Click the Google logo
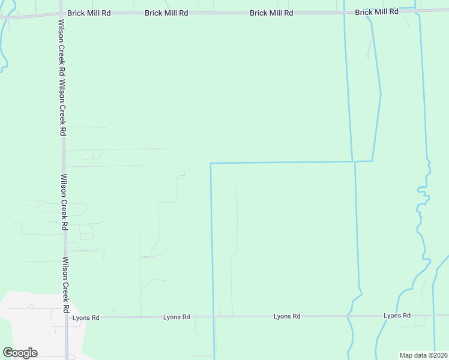[20, 353]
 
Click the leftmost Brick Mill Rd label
[89, 13]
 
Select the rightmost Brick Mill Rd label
[376, 12]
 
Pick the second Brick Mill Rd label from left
[166, 13]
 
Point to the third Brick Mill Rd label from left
[271, 13]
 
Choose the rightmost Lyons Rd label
[397, 316]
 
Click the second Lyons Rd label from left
[176, 317]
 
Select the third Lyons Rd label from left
[287, 316]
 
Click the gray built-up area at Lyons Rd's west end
[30, 324]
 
